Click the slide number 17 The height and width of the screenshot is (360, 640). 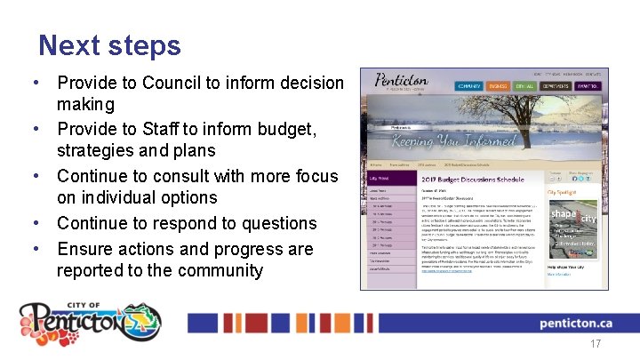coord(595,343)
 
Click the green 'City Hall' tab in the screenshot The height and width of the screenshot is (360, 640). coord(524,86)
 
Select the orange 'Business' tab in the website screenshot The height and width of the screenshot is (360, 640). coord(498,86)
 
